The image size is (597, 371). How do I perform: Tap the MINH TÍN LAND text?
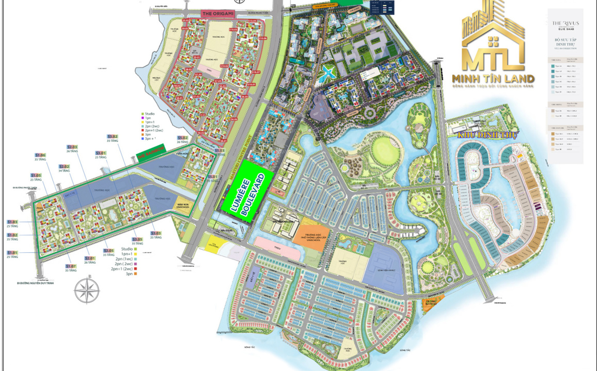493,79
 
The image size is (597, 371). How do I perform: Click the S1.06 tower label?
40,155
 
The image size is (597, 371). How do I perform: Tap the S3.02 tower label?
113,137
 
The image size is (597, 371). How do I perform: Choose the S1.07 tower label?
71,266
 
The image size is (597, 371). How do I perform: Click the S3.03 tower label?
156,233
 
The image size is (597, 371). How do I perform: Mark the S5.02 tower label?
183,138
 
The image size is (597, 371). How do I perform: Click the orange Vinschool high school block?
311,231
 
